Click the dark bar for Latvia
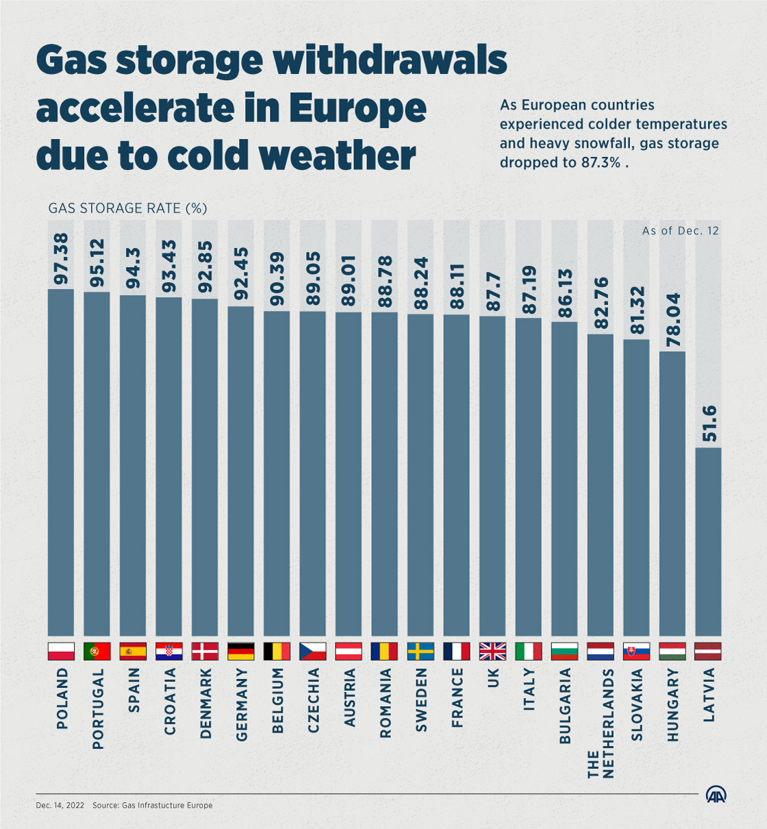708,541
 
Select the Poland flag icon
61,651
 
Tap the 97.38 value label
61,259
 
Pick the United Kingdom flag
492,651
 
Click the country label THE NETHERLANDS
601,723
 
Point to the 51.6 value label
709,423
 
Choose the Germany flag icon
241,651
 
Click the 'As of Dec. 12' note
680,231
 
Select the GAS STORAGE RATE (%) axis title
127,208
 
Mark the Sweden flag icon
420,651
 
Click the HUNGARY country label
672,705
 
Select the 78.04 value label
672,320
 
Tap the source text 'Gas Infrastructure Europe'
167,805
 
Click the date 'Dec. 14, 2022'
60,805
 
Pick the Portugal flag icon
97,651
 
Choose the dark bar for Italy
528,477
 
